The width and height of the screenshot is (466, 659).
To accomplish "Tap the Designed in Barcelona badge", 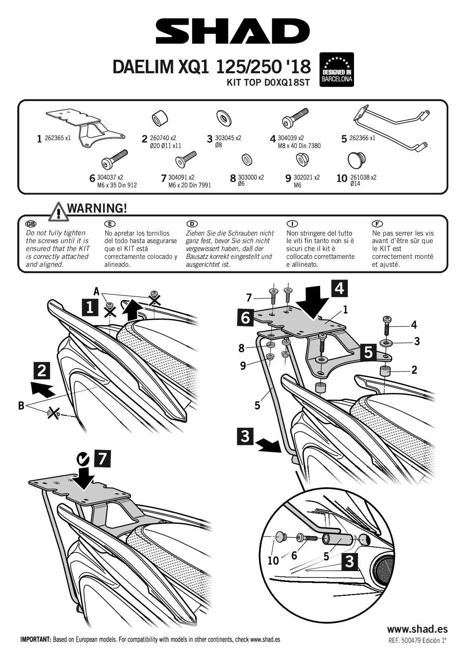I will (336, 70).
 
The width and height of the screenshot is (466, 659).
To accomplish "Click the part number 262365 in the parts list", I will (54, 138).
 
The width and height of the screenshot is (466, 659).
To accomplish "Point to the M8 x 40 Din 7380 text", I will (299, 146).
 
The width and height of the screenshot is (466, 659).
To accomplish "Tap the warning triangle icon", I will (57, 211).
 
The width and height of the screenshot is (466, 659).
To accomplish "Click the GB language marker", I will (30, 224).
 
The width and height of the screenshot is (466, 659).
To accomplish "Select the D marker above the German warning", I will (192, 224).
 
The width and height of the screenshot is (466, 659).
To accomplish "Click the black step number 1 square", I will (90, 308).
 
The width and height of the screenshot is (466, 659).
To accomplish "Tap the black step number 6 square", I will (245, 317).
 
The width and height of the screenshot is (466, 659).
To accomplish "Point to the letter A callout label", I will (97, 291).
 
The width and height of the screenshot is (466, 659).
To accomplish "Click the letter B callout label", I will (21, 405).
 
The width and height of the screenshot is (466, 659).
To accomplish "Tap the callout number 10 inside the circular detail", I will (273, 561).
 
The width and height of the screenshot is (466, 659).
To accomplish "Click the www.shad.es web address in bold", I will (417, 629).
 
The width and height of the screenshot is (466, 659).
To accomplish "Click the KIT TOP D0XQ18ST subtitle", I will (268, 83).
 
